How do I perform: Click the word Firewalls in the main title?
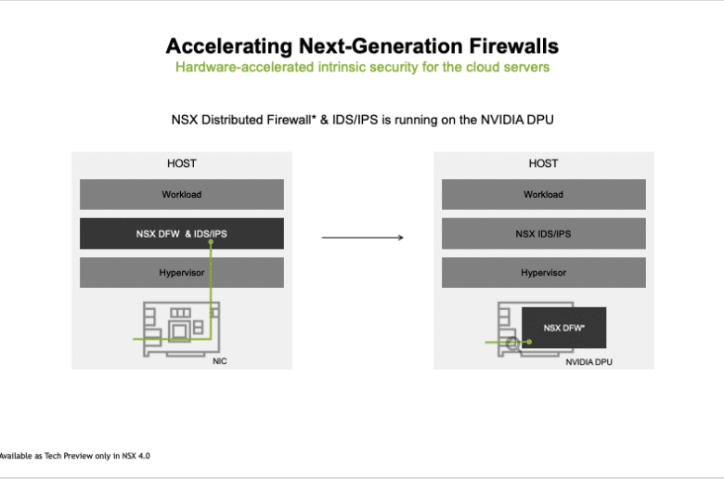[514, 46]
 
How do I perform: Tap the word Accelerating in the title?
[229, 46]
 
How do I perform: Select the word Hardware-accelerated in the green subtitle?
[245, 67]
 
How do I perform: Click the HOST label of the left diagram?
[181, 163]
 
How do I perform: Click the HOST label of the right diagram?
[543, 163]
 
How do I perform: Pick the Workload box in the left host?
[182, 194]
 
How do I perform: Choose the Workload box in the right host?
[544, 194]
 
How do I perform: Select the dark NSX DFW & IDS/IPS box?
[182, 234]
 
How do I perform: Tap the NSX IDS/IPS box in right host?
[544, 234]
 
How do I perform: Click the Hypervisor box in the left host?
[182, 273]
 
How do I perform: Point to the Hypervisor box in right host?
[544, 273]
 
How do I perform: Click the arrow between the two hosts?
[362, 238]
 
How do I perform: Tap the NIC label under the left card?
[220, 361]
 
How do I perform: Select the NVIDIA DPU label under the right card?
[589, 362]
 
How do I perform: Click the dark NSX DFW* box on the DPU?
[563, 328]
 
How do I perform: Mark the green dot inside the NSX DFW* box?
[530, 343]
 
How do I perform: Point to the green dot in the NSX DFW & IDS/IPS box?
[211, 242]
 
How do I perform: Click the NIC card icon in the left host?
[181, 329]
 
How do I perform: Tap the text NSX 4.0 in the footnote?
[136, 456]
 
